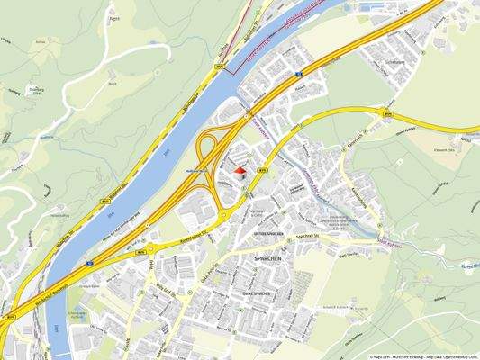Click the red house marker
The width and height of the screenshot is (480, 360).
[240, 169]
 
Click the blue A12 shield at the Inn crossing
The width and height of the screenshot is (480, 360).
[91, 263]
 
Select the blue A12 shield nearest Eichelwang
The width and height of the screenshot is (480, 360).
[297, 77]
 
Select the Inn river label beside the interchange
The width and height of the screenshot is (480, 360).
[168, 154]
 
